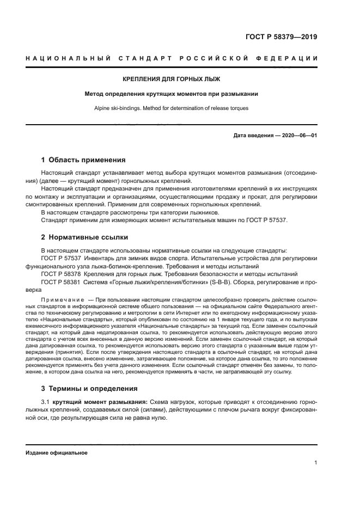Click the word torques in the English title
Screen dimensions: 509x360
point(237,108)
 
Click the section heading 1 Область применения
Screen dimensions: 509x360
point(83,160)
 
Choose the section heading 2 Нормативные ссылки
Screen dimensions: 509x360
point(84,237)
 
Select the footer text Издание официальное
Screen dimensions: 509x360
point(57,452)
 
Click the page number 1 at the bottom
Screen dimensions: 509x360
point(315,463)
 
